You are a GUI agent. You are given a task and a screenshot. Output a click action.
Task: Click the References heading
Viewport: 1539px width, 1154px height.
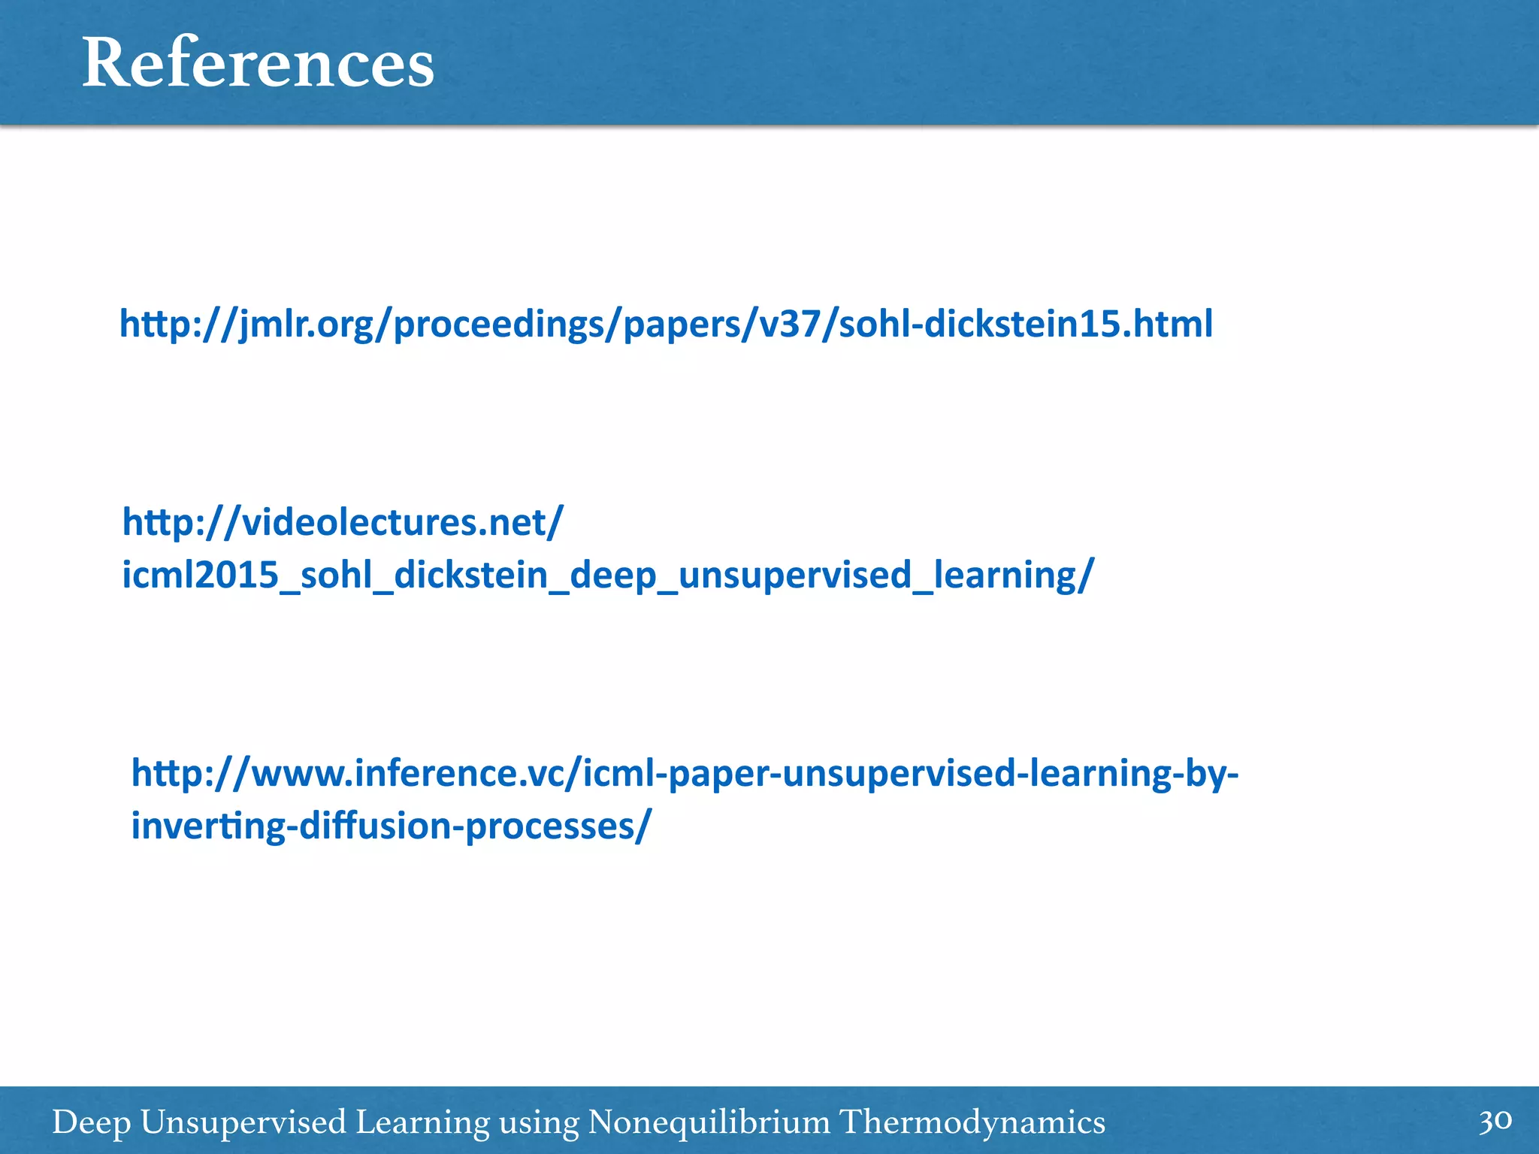[x=258, y=63]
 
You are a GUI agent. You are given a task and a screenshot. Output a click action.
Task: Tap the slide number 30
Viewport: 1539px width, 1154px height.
[x=1495, y=1121]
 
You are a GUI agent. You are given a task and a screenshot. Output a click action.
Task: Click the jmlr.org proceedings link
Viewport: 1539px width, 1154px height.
[x=666, y=325]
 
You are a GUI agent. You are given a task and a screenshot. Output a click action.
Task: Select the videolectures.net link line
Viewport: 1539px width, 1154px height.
[x=343, y=522]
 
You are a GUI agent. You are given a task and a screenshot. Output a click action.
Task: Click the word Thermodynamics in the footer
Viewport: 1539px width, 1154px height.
[x=972, y=1122]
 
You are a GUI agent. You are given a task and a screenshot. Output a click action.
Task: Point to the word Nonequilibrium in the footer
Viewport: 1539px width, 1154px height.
[x=709, y=1122]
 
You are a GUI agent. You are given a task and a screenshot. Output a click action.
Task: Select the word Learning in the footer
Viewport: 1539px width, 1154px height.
[x=422, y=1122]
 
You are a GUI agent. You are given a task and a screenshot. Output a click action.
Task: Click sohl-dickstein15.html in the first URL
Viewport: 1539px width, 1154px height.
[x=1025, y=325]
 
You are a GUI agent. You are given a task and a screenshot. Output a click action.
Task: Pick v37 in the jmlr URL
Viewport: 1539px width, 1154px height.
[x=788, y=325]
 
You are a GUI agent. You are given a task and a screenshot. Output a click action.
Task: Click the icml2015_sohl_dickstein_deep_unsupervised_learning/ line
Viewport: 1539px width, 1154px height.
[x=607, y=575]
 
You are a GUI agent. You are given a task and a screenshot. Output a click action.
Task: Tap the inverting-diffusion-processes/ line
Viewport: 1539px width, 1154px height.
[x=391, y=826]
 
